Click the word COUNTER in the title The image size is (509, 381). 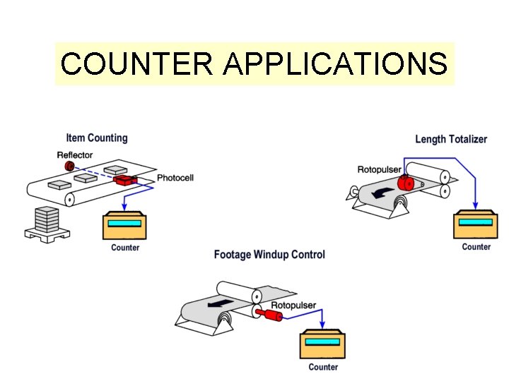[x=139, y=64]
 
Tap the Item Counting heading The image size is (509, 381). [x=97, y=138]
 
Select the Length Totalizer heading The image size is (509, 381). [x=450, y=139]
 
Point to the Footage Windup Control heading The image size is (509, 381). [x=269, y=254]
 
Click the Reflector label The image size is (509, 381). [x=75, y=155]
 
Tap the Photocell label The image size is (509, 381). [x=175, y=178]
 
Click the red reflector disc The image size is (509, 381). [x=69, y=167]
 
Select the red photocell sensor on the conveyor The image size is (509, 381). [x=124, y=180]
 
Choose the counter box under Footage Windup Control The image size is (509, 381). [x=322, y=345]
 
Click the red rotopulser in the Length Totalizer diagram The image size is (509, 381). [x=406, y=183]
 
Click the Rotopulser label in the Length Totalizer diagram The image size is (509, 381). [x=379, y=169]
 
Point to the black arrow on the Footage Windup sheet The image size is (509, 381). [x=221, y=303]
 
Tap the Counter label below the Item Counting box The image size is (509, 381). [x=125, y=248]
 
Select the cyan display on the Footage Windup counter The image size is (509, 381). [x=322, y=341]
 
